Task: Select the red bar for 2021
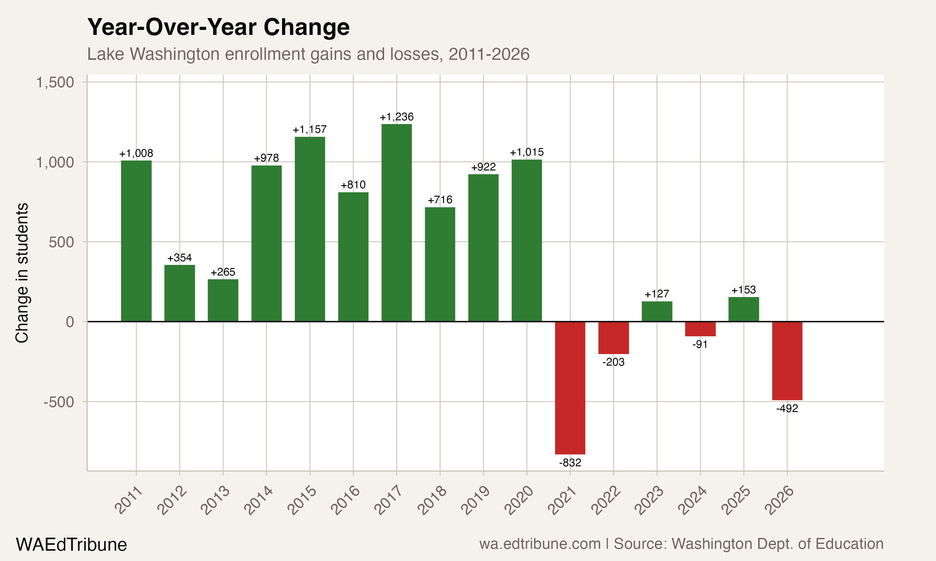pos(570,387)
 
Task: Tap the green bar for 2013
pos(223,300)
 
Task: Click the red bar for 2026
pos(787,361)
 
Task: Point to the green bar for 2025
pos(743,309)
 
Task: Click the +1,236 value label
pos(397,117)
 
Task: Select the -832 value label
pos(570,463)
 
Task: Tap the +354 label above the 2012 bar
pos(179,258)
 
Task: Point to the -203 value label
pos(613,362)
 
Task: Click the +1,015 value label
pos(527,152)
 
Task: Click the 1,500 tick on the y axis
pos(55,82)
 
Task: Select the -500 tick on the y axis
pos(59,402)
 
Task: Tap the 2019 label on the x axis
pos(475,501)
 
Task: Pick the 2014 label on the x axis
pos(258,501)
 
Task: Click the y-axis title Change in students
pos(22,273)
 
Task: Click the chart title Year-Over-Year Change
pos(218,27)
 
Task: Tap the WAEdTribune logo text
pos(71,544)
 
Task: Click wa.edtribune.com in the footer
pos(540,544)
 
